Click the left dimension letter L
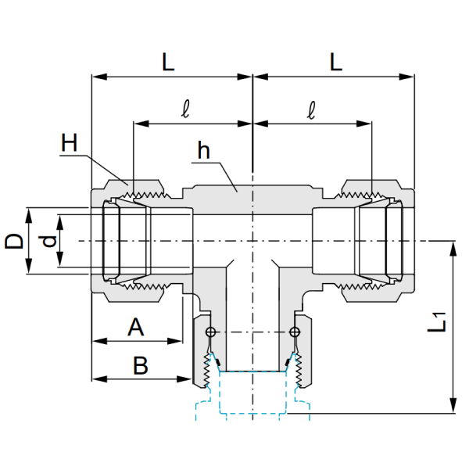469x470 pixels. click(168, 62)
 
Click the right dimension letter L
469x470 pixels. click(336, 62)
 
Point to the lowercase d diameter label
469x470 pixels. click(49, 242)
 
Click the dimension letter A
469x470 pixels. click(135, 327)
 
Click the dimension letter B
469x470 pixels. click(140, 365)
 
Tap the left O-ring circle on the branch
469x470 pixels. click(210, 332)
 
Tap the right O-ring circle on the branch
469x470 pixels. click(295, 332)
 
